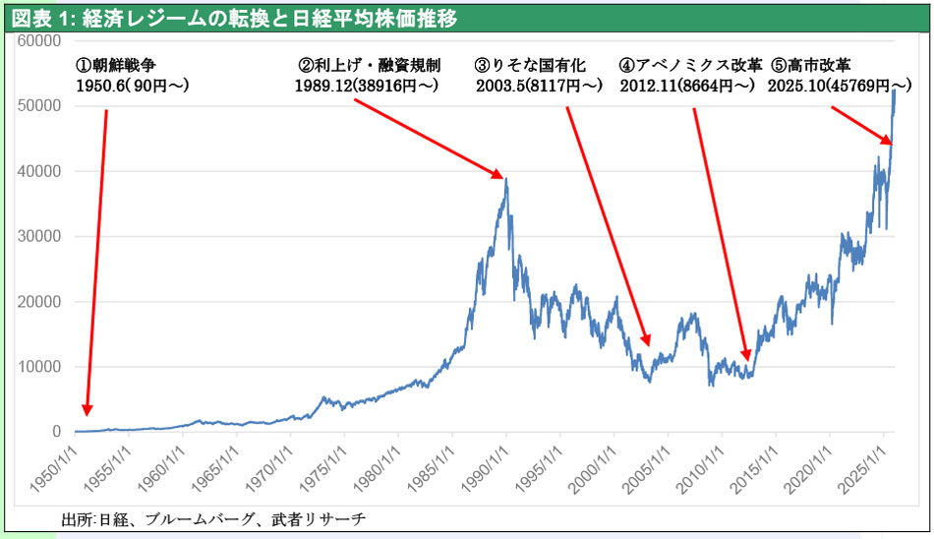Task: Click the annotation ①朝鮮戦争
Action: [115, 67]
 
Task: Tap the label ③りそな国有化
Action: [530, 67]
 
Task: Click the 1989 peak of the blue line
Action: [505, 178]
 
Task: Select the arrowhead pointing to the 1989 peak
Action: [500, 177]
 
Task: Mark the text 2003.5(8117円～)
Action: [539, 87]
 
